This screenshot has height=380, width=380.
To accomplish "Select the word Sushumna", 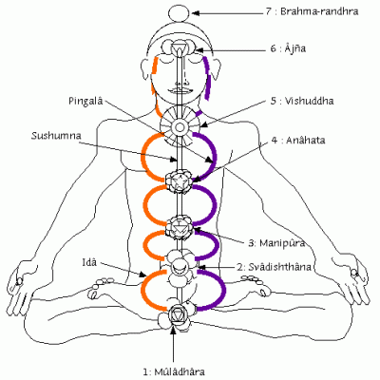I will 53,137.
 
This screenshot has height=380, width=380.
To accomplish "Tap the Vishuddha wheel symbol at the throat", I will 179,122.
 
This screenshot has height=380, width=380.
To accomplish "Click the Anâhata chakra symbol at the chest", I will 179,180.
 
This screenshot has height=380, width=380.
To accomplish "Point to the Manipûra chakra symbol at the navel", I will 179,227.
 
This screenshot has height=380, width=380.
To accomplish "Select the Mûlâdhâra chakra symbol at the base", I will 177,311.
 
